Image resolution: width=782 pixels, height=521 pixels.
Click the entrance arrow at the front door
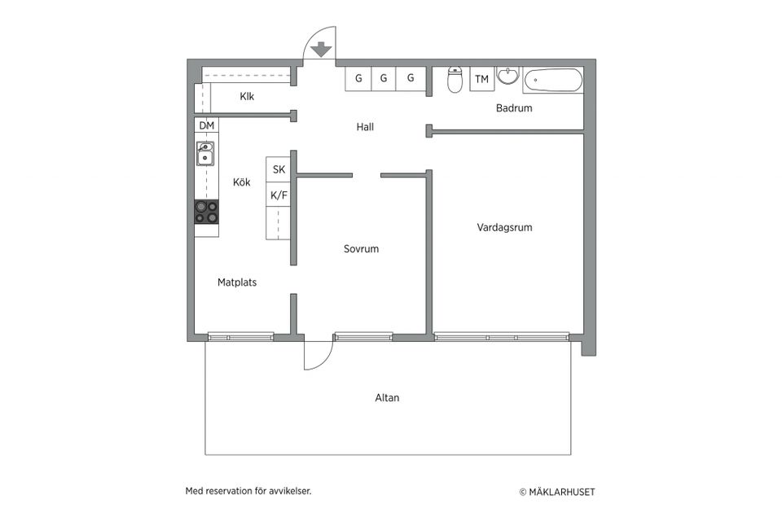[322, 49]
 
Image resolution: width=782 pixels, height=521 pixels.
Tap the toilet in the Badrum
[455, 80]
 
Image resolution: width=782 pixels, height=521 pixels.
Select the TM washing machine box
[482, 79]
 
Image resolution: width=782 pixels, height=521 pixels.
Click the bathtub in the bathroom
[553, 80]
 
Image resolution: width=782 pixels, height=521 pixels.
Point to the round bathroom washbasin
[508, 77]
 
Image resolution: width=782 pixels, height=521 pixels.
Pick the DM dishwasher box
[207, 125]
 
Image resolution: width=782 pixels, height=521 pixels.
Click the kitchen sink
[205, 153]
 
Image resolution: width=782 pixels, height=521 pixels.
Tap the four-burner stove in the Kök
[206, 212]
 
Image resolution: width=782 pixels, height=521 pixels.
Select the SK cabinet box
[279, 170]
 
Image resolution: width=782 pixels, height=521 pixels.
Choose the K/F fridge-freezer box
[279, 195]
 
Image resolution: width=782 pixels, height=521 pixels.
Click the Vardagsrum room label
[504, 228]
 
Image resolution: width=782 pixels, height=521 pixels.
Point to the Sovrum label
[361, 249]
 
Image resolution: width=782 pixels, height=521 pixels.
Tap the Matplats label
[237, 282]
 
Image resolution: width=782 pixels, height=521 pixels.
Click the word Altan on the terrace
[387, 398]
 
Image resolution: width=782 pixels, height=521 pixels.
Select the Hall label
[370, 127]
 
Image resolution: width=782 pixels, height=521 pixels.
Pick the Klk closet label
[247, 97]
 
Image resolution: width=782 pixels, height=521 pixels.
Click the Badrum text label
[514, 108]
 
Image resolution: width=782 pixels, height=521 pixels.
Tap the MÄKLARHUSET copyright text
[557, 492]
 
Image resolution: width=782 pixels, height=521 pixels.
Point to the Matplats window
[240, 336]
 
